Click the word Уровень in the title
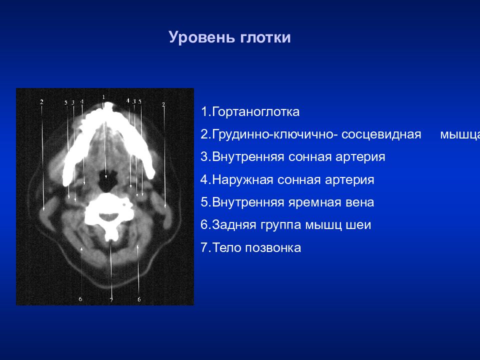201,37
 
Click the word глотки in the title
265,37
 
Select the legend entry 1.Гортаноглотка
250,111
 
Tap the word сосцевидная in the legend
381,134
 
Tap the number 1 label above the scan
103,97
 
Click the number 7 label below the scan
111,300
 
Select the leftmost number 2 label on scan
41,102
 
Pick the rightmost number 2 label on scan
163,104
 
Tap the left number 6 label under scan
80,299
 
